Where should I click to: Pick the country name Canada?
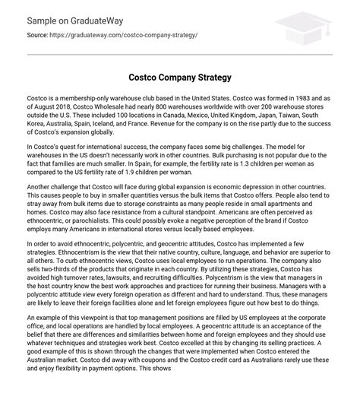click(213, 119)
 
